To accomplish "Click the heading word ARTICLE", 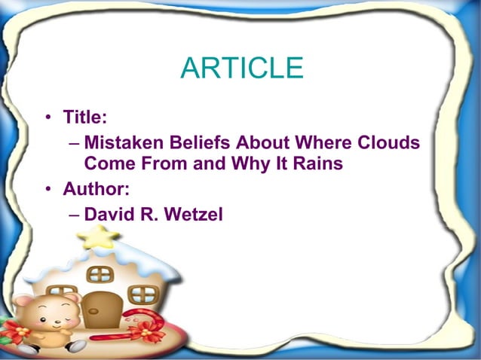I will tap(241, 69).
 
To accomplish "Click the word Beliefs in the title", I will tap(195, 142).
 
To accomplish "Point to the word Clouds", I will tap(387, 142).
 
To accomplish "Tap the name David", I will tap(107, 214).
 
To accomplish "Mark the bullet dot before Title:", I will tap(47, 117).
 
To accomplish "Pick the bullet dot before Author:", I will tap(47, 189).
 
